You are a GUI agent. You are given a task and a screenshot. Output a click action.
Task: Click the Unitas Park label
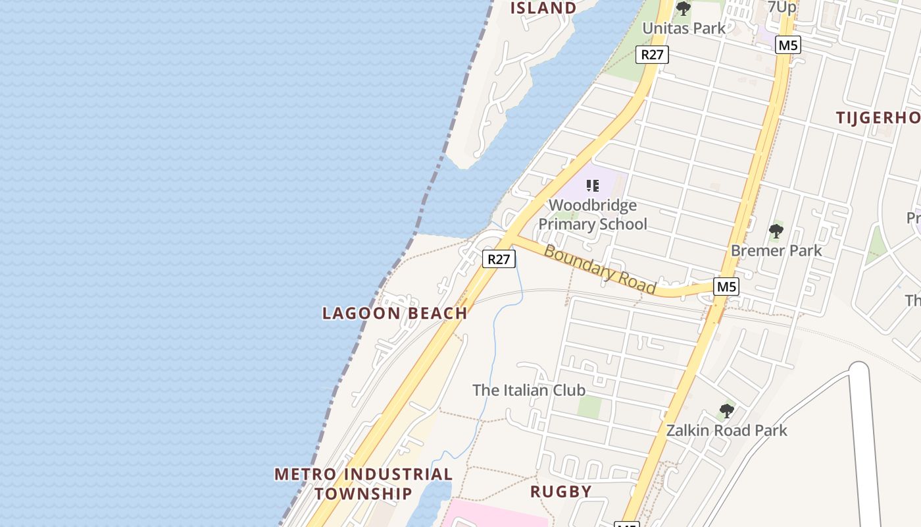pos(684,28)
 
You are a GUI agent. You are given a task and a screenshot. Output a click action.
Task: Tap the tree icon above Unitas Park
pos(684,9)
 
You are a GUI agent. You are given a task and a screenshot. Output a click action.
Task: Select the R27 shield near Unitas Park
pos(652,55)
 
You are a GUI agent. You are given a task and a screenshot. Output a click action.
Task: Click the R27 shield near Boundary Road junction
pos(499,259)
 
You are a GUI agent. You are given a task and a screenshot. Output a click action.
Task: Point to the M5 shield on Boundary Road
pos(726,287)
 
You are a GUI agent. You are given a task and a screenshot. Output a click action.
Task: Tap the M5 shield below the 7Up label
pos(787,45)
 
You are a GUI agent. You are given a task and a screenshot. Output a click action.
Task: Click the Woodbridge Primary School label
pos(593,215)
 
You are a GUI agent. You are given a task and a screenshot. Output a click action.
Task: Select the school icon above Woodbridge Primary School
pos(592,186)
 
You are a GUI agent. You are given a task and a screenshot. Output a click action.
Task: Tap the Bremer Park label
pos(776,250)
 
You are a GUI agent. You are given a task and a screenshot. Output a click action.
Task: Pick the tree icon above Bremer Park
pos(776,231)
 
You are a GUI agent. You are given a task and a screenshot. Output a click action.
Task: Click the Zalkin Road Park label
pos(726,430)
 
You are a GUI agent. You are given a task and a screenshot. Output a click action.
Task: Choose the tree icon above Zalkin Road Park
pos(726,411)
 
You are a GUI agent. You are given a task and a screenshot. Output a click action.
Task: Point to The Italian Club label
pos(528,390)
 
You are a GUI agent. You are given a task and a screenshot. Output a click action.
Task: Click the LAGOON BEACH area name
pos(395,313)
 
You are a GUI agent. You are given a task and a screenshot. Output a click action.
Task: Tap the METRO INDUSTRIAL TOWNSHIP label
pos(363,484)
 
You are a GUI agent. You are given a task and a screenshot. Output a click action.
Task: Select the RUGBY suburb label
pos(560,491)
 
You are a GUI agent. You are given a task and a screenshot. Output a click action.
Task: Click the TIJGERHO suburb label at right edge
pos(878,118)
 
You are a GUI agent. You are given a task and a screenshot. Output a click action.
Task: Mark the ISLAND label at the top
pos(543,9)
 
